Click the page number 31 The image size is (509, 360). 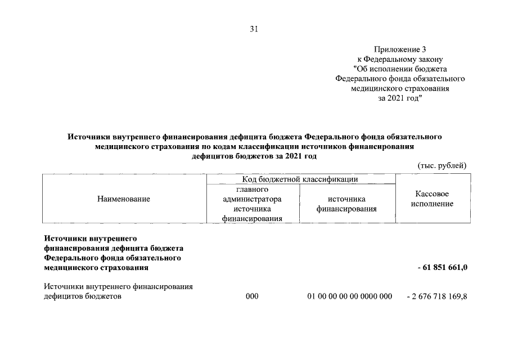(254, 30)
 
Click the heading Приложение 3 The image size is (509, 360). (399, 50)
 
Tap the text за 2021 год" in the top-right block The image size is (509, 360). (399, 98)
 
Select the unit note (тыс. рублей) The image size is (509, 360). (443, 165)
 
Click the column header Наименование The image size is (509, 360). (124, 199)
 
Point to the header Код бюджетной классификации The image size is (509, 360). (301, 179)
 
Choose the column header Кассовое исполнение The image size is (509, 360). (432, 199)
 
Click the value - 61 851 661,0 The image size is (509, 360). (442, 267)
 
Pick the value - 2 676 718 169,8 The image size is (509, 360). (436, 296)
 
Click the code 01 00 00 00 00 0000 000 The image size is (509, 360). (349, 296)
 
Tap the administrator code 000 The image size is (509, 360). (252, 296)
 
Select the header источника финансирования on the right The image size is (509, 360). (346, 204)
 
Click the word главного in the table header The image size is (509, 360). (252, 190)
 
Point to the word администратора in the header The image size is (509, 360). (252, 199)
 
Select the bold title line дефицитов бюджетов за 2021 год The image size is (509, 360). (254, 156)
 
